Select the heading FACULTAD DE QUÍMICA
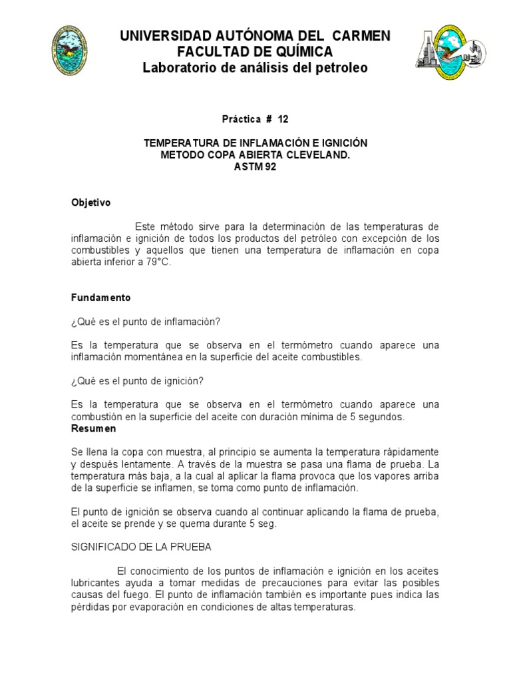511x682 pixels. [255, 52]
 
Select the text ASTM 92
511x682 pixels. [255, 167]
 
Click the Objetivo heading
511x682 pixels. [91, 202]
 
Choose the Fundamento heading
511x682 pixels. [101, 297]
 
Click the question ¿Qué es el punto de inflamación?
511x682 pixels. [146, 321]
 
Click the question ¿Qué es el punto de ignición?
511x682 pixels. [137, 381]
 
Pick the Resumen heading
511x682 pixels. [93, 428]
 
